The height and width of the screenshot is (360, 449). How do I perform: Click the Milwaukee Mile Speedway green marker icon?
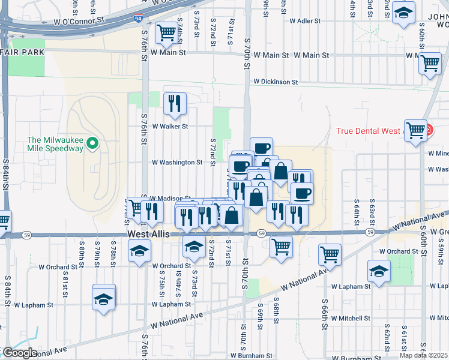(92, 143)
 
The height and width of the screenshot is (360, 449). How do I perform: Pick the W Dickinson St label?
(276, 82)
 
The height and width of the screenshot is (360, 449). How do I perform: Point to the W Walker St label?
(170, 127)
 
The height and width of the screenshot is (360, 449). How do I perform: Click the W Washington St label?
(176, 162)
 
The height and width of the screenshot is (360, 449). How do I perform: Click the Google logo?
(19, 353)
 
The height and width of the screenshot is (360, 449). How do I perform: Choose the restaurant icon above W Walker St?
(175, 103)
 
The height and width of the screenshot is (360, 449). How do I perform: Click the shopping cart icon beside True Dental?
(415, 130)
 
